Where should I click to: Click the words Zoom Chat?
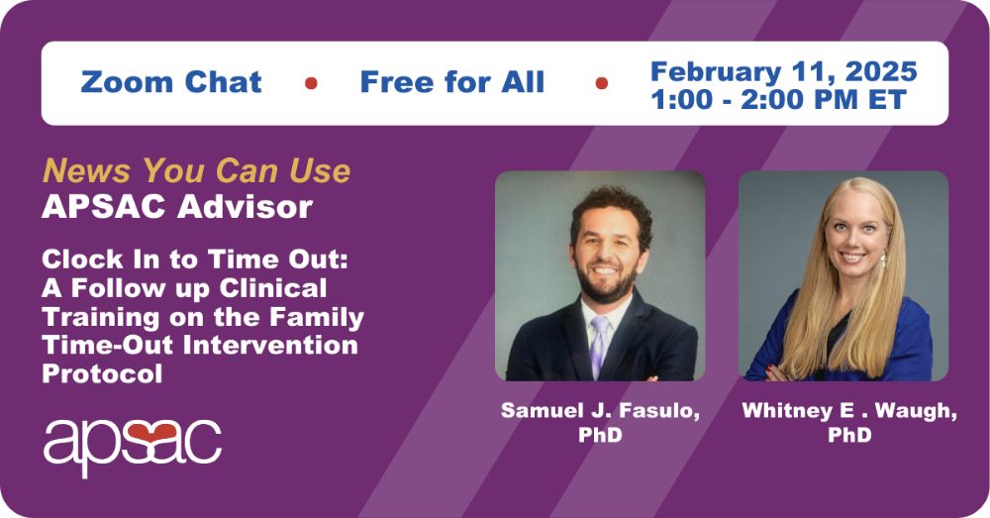pyautogui.click(x=171, y=82)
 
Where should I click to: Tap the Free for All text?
pyautogui.click(x=452, y=82)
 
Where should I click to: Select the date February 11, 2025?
pyautogui.click(x=783, y=71)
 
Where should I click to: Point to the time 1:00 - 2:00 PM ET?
pyautogui.click(x=778, y=100)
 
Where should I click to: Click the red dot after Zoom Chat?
pyautogui.click(x=311, y=83)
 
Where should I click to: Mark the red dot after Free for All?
pyautogui.click(x=602, y=83)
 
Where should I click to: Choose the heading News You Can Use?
pyautogui.click(x=196, y=170)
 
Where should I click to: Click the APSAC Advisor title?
pyautogui.click(x=177, y=207)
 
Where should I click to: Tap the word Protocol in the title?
pyautogui.click(x=102, y=373)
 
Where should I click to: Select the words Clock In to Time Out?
pyautogui.click(x=195, y=259)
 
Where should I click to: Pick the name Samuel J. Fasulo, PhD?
pyautogui.click(x=600, y=422)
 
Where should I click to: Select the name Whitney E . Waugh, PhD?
pyautogui.click(x=849, y=422)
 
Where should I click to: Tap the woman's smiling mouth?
pyautogui.click(x=852, y=258)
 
